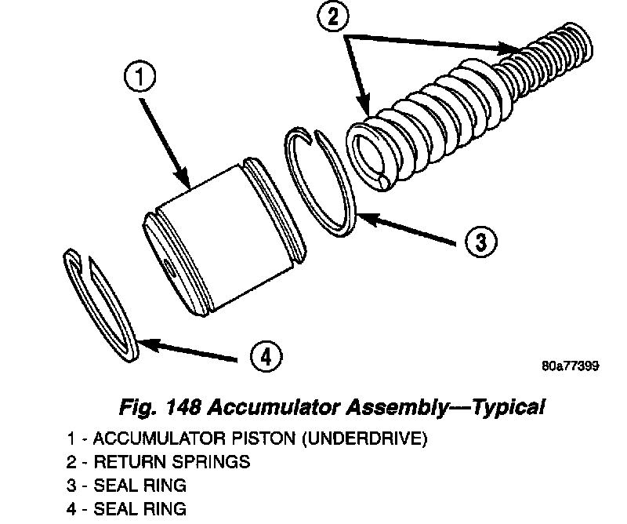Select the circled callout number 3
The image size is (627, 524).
click(x=480, y=241)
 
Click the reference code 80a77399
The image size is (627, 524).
click(x=570, y=367)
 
